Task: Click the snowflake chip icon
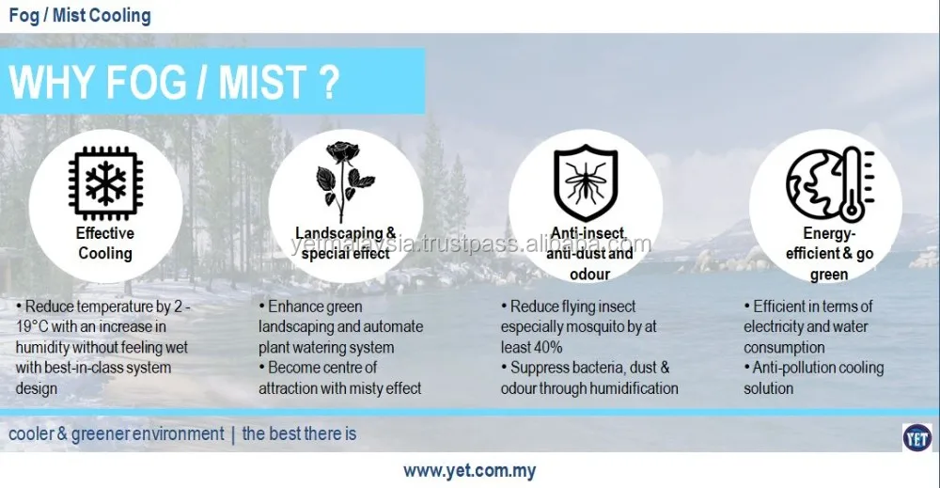pyautogui.click(x=105, y=182)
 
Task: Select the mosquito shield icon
pyautogui.click(x=585, y=182)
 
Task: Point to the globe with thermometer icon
pyautogui.click(x=830, y=182)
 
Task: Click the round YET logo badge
pyautogui.click(x=917, y=437)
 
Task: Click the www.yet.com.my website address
pyautogui.click(x=469, y=471)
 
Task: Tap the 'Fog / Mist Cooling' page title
pyautogui.click(x=80, y=15)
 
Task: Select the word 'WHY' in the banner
pyautogui.click(x=53, y=82)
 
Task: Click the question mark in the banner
pyautogui.click(x=328, y=82)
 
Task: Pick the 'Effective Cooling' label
pyautogui.click(x=105, y=243)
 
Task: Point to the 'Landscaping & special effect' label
pyautogui.click(x=345, y=243)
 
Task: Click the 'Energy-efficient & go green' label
pyautogui.click(x=829, y=253)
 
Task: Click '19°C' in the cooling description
pyautogui.click(x=32, y=326)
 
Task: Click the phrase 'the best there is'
pyautogui.click(x=299, y=433)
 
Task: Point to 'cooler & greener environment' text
pyautogui.click(x=117, y=433)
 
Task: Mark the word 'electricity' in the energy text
pyautogui.click(x=773, y=326)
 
